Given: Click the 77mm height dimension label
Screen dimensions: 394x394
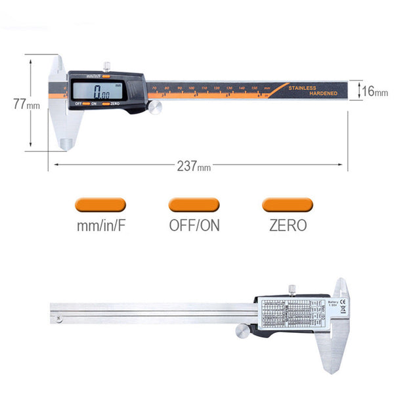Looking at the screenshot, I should pyautogui.click(x=22, y=103).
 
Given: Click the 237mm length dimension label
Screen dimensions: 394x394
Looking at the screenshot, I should pyautogui.click(x=193, y=165).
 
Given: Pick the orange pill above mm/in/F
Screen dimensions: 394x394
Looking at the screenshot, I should pyautogui.click(x=98, y=205).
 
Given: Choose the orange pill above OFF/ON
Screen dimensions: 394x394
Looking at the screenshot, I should pyautogui.click(x=194, y=205).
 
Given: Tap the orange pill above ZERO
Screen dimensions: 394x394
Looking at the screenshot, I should pyautogui.click(x=287, y=205).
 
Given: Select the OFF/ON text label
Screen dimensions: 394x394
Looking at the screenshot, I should pyautogui.click(x=194, y=225).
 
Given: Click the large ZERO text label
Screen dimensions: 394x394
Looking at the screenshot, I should pyautogui.click(x=288, y=225).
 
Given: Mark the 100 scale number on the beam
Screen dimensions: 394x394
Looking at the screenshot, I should pyautogui.click(x=191, y=88).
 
